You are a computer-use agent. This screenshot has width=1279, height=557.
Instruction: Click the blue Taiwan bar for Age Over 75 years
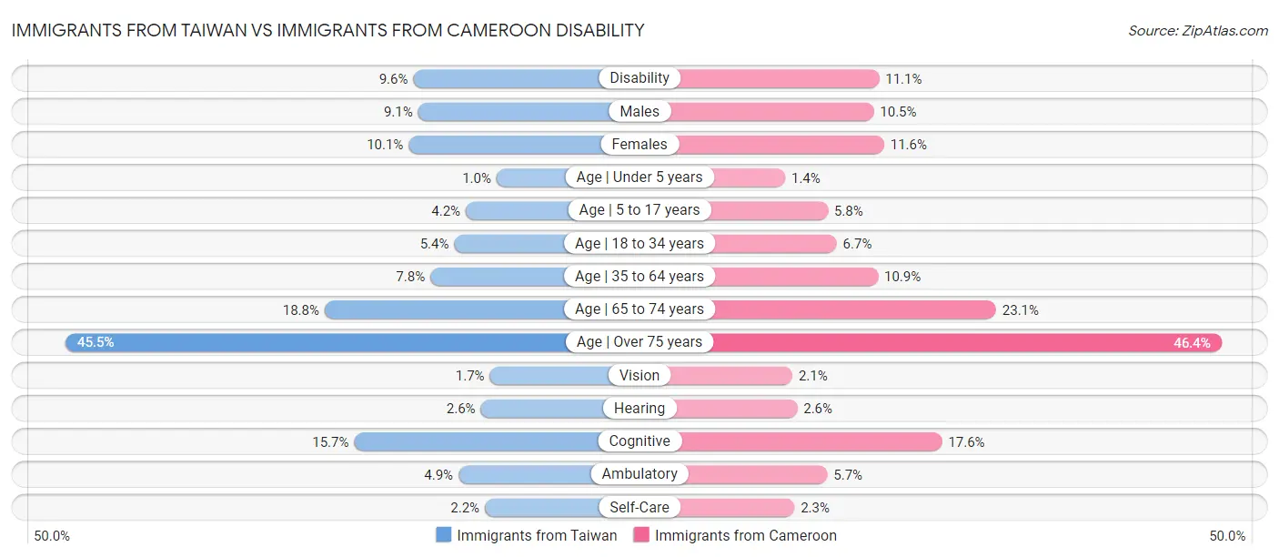coord(318,342)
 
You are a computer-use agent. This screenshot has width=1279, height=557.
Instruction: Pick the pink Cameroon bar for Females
coord(781,145)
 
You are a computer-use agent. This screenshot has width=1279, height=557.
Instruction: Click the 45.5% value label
coord(96,342)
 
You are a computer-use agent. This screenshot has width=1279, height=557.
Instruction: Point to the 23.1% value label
coord(1020,309)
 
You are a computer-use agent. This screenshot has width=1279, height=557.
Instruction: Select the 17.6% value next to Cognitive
coord(966,441)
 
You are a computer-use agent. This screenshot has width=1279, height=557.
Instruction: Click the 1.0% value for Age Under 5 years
coord(477,177)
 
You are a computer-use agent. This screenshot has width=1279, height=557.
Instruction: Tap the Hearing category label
coord(639,409)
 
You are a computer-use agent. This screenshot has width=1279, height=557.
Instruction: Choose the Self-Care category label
coord(639,508)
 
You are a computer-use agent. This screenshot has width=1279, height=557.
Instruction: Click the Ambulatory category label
coord(639,474)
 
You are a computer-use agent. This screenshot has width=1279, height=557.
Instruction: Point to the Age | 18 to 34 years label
coord(639,243)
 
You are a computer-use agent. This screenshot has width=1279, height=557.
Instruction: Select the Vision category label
coord(639,375)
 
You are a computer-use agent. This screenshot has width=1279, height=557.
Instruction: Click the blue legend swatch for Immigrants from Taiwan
coord(444,536)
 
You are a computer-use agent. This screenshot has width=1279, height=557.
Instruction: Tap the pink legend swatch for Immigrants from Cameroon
coord(641,536)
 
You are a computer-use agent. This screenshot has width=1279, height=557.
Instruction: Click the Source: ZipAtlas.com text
coord(1197,31)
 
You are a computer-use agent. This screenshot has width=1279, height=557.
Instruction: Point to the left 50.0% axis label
coord(53,536)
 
